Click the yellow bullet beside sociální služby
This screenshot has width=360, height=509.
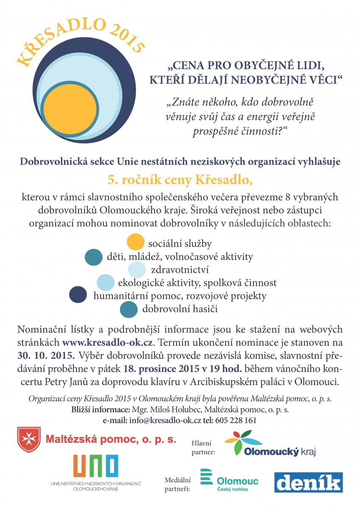coord(135,242)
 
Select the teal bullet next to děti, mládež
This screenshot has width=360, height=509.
coord(93,257)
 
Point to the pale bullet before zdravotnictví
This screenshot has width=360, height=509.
coord(137,270)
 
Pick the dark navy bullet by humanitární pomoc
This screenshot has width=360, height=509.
coord(78,295)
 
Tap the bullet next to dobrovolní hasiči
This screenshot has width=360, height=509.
coord(129,309)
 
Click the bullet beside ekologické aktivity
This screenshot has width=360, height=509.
coord(105,282)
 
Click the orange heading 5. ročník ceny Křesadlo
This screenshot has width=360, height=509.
coord(180,179)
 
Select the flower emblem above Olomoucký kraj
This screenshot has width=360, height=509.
coord(244,441)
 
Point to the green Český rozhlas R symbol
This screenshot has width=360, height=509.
coord(206,477)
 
